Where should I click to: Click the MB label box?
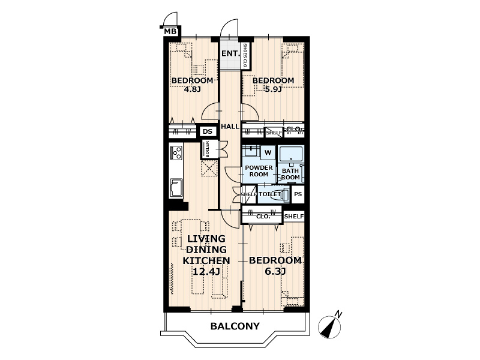(170, 31)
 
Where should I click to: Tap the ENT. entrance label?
(230, 53)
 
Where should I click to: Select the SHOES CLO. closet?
(245, 56)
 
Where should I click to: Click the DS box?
(208, 131)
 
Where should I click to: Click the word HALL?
(230, 127)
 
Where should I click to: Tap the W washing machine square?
(268, 152)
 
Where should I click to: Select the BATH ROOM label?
(290, 174)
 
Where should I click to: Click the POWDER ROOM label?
(259, 171)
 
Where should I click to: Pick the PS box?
(298, 194)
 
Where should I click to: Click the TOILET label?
(269, 194)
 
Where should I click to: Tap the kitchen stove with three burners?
(177, 152)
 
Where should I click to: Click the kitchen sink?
(176, 188)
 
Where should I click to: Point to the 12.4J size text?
(206, 272)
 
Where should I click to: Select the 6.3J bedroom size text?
(275, 271)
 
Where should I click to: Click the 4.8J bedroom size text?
(192, 89)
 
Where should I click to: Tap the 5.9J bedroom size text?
(273, 89)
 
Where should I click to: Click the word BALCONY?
(235, 326)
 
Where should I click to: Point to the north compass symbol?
(330, 326)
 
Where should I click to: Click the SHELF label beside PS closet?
(294, 217)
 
